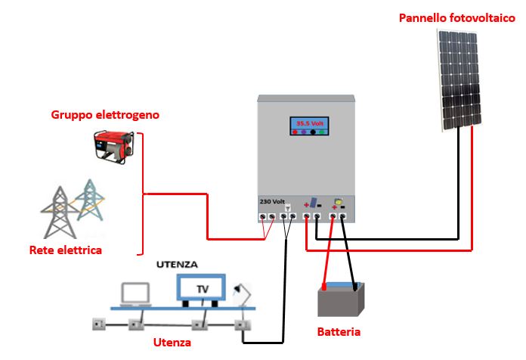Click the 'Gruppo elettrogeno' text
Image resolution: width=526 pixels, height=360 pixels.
coord(105,115)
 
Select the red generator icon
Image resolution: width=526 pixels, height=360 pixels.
coord(114,144)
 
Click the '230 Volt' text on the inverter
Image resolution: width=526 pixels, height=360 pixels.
coord(272,202)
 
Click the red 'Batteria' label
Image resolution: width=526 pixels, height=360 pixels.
coord(339,332)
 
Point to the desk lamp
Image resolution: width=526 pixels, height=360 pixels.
coord(243,292)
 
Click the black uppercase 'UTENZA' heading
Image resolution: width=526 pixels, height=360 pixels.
coord(177,265)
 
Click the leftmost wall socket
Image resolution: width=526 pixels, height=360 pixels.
coord(97,327)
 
